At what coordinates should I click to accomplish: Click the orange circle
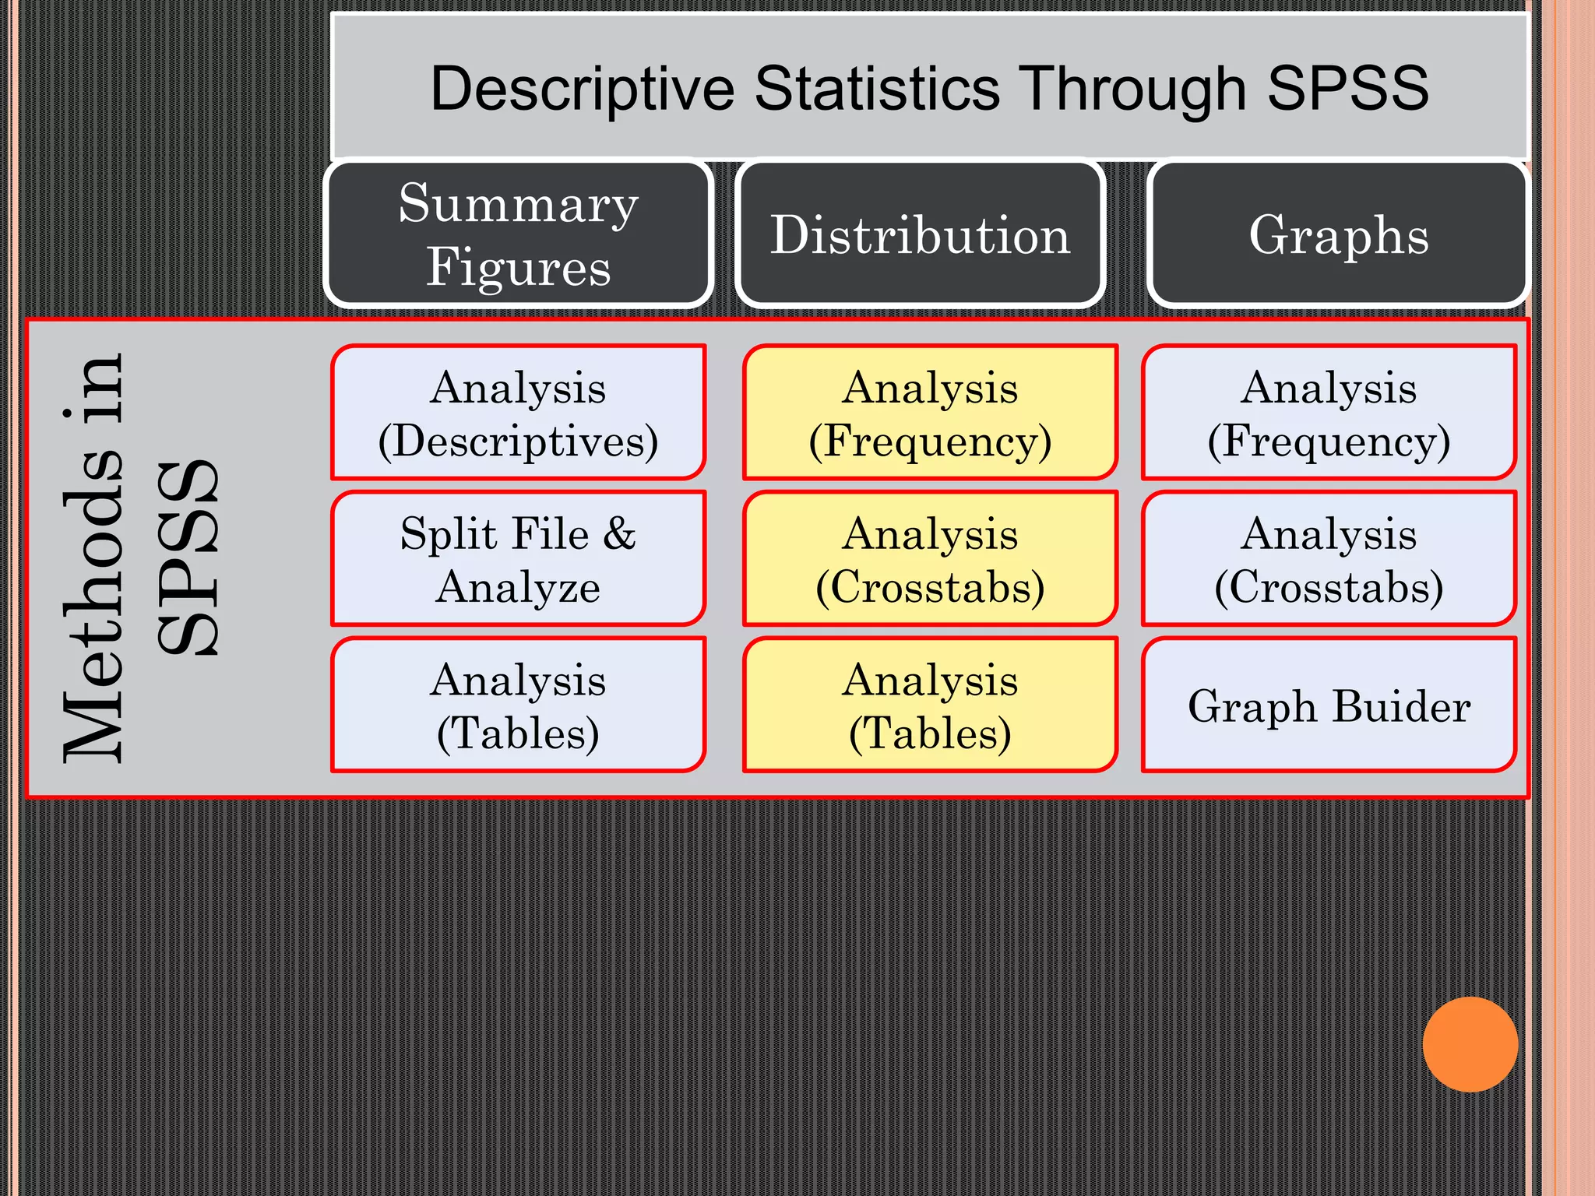coord(1470,1044)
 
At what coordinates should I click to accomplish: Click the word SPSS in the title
coord(1347,88)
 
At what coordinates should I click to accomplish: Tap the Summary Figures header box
coord(519,234)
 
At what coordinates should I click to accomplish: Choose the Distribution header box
coord(921,234)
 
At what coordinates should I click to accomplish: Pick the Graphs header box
coord(1338,234)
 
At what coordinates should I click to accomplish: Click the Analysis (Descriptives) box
coord(519,413)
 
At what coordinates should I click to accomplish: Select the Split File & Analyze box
coord(519,558)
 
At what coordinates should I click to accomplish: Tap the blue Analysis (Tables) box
coord(519,705)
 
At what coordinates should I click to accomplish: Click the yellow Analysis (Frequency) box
coord(930,413)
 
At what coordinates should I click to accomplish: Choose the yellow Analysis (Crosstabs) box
coord(930,558)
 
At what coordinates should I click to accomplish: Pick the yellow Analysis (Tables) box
coord(930,705)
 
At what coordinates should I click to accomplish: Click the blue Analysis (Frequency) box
coord(1329,413)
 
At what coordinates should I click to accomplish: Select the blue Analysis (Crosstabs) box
coord(1329,558)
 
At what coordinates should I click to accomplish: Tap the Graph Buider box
coord(1329,705)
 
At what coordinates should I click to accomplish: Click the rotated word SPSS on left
coord(187,558)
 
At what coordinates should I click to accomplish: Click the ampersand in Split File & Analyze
coord(619,534)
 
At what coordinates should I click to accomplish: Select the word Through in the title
coord(1132,88)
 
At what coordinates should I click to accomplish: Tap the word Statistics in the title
coord(877,88)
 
